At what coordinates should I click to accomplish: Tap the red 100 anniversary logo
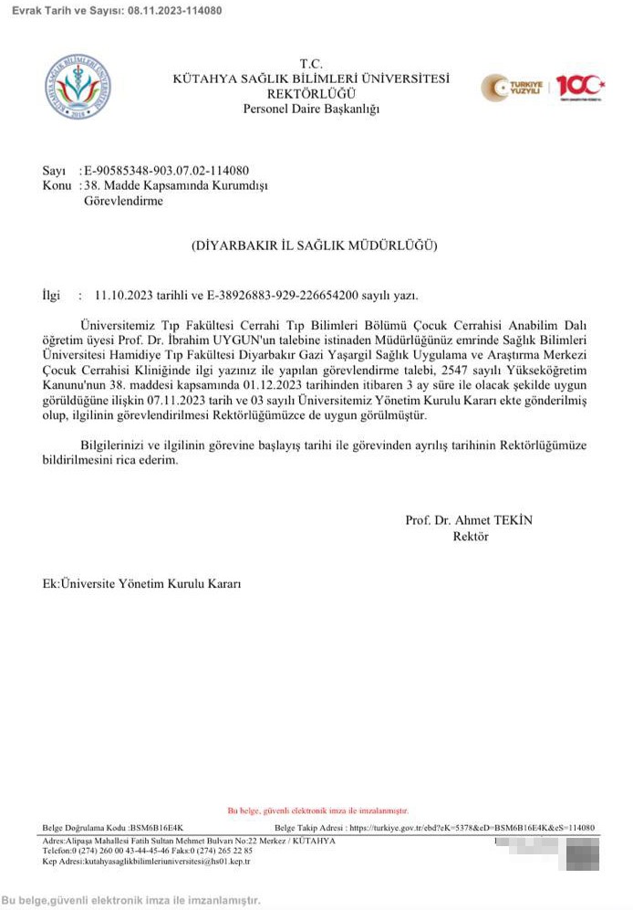[580, 87]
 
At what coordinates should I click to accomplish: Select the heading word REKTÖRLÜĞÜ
[311, 94]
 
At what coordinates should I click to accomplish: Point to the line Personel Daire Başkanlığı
[311, 110]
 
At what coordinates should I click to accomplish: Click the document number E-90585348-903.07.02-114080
[167, 171]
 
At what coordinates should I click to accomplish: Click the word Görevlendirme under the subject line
[123, 201]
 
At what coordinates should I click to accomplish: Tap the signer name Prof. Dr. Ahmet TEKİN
[469, 520]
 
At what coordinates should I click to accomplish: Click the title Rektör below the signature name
[471, 537]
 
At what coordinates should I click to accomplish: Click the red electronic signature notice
[317, 811]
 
